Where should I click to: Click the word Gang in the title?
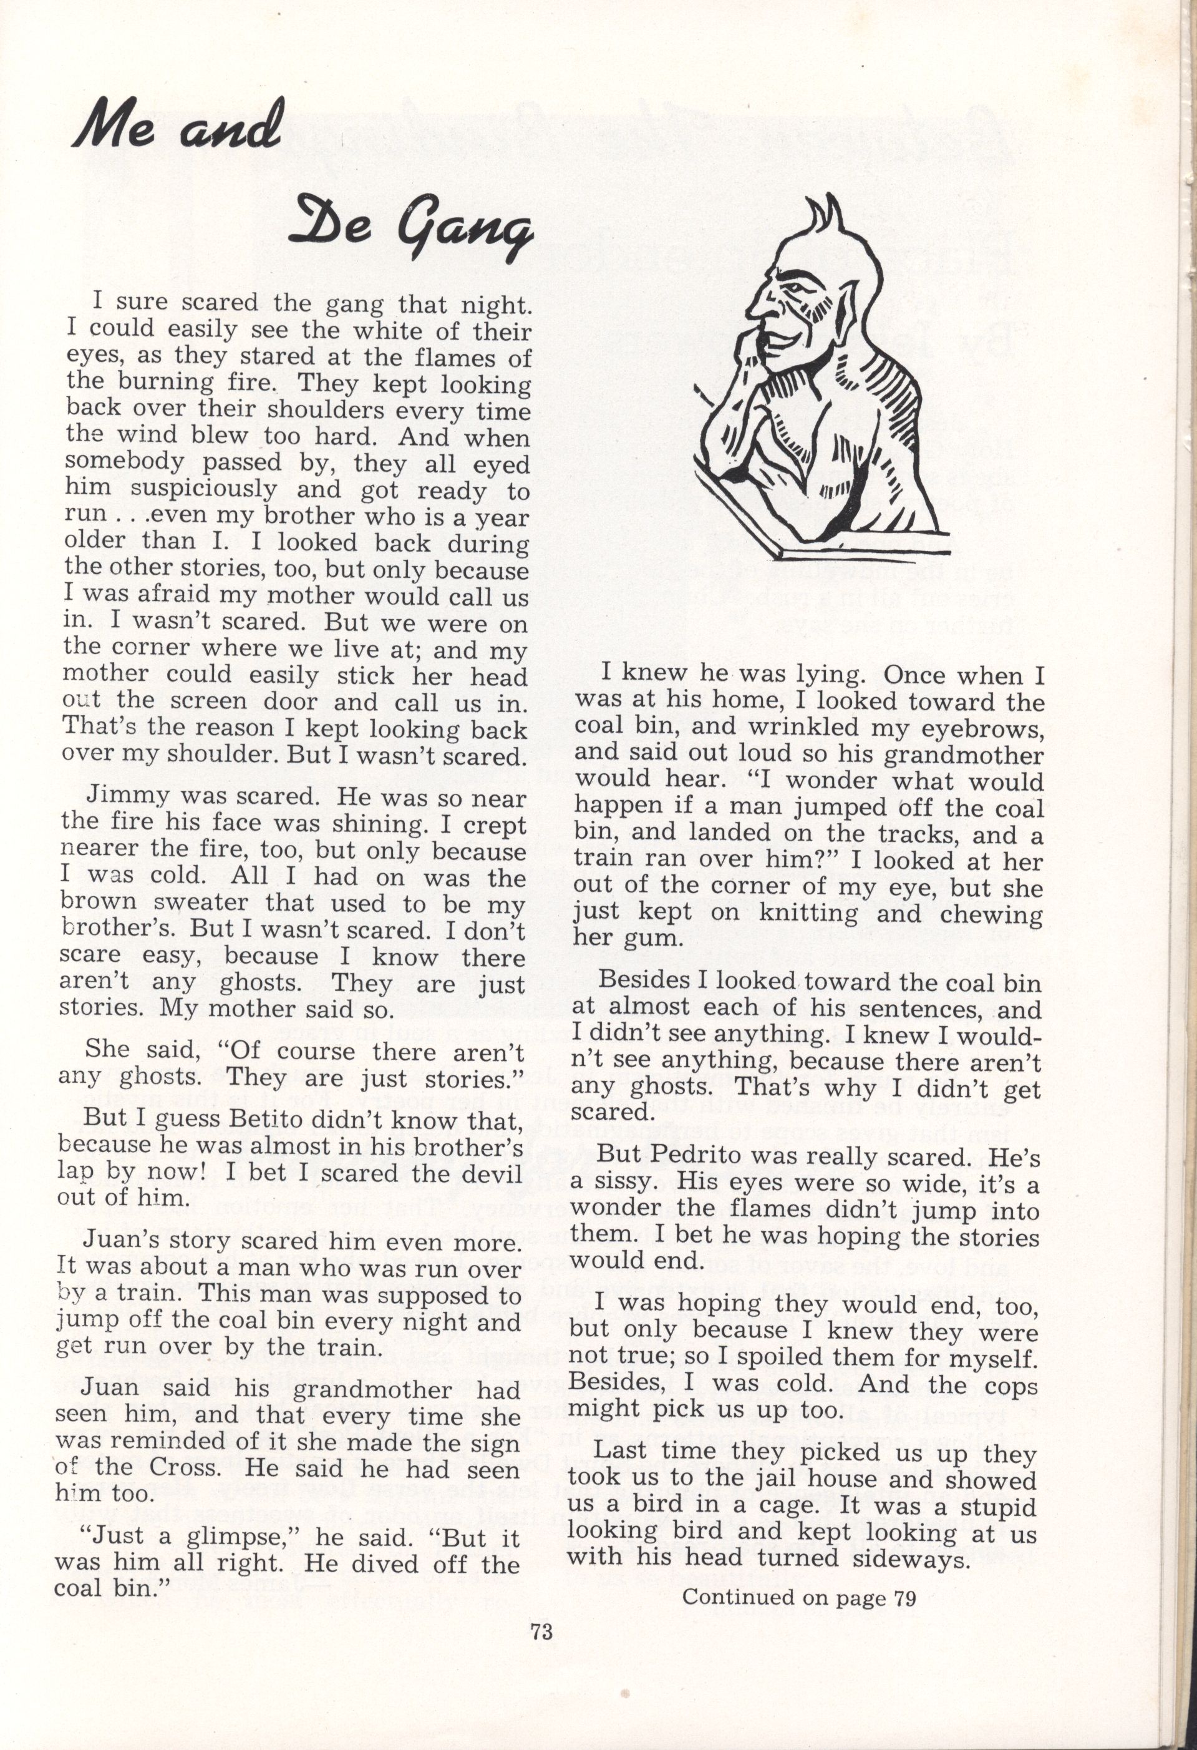click(469, 230)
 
